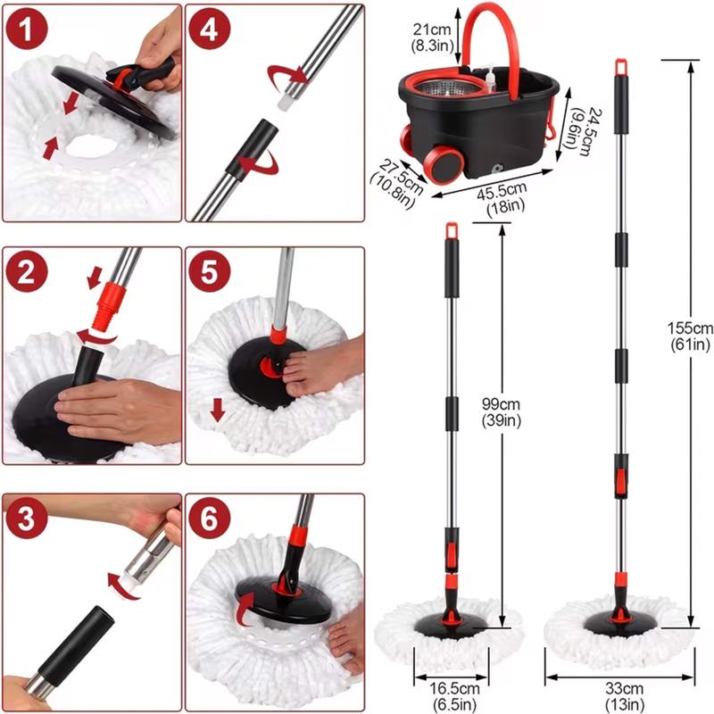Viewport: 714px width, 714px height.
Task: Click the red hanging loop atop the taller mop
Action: click(619, 66)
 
